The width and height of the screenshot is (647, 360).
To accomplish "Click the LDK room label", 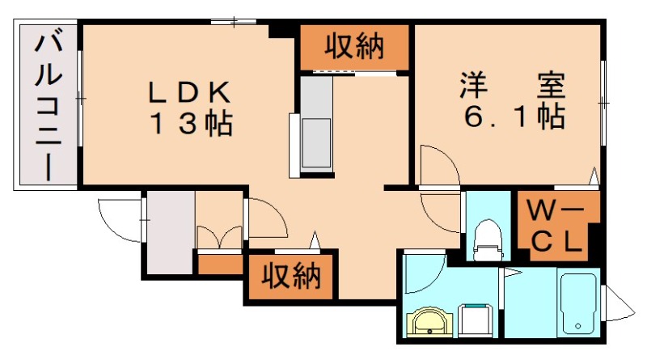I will [x=190, y=91].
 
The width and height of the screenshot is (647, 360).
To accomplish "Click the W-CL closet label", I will [x=558, y=226].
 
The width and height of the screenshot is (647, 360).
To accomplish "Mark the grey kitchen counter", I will [x=315, y=125].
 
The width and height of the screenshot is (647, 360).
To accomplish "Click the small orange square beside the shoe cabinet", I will [x=219, y=264].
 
